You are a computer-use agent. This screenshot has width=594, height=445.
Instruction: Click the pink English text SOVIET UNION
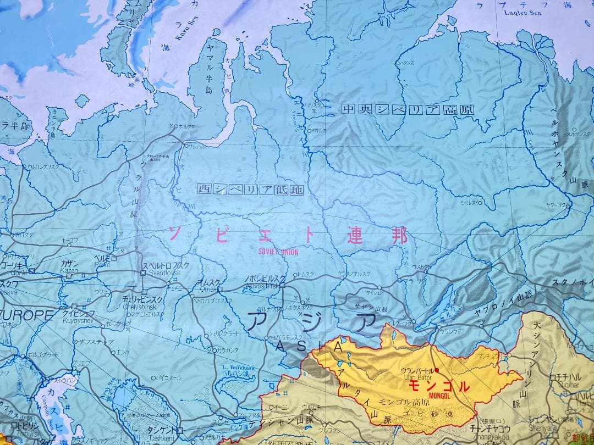(x=278, y=252)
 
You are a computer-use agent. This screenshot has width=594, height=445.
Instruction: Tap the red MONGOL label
(x=437, y=396)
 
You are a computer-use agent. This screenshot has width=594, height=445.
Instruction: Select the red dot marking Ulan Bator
(x=437, y=370)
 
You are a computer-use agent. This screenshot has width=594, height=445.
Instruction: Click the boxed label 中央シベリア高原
(x=407, y=109)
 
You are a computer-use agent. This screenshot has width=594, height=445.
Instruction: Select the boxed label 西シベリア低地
(x=250, y=190)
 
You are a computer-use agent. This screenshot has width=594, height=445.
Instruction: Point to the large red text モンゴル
(x=438, y=386)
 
